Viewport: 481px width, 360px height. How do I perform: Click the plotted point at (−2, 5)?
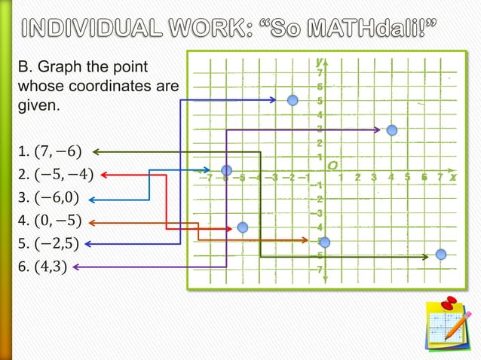[x=293, y=100]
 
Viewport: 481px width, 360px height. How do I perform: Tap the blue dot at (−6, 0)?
[x=226, y=171]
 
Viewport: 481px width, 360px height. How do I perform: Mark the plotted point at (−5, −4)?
[x=242, y=227]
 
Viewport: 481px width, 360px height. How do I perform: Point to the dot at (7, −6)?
[x=441, y=255]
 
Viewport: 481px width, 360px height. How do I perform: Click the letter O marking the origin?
[x=332, y=164]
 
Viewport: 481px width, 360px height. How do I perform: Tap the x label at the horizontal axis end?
[x=453, y=178]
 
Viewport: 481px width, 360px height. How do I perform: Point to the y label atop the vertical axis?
[x=320, y=61]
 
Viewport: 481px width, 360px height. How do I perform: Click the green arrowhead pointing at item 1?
[x=96, y=152]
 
